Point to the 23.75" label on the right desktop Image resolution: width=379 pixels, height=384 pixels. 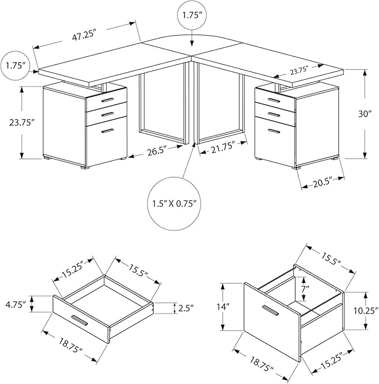point(304,71)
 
